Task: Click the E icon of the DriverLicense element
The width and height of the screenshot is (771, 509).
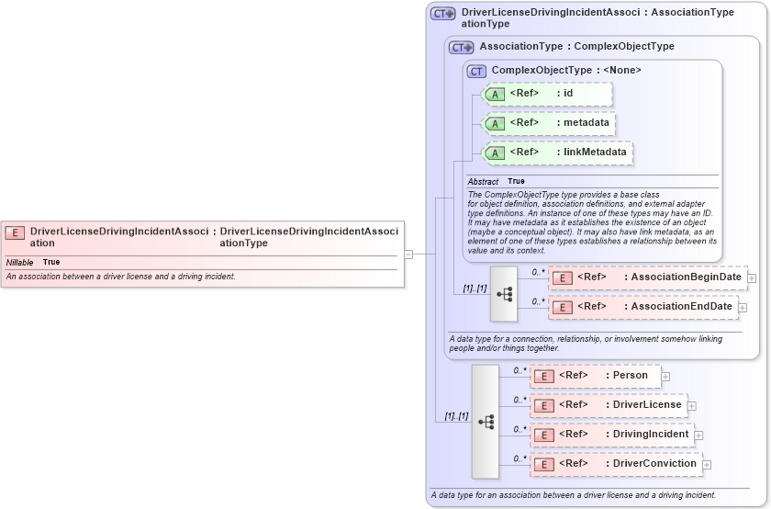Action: [543, 405]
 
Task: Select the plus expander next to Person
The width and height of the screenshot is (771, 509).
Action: [665, 376]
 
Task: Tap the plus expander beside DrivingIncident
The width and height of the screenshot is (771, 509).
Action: [698, 435]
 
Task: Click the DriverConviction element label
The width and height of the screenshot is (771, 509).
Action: [654, 464]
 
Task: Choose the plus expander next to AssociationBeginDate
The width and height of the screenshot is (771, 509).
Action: [752, 277]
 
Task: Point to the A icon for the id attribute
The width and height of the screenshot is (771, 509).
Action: [495, 94]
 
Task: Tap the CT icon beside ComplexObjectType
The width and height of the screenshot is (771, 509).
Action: [476, 71]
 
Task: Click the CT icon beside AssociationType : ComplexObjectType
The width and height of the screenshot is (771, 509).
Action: [461, 47]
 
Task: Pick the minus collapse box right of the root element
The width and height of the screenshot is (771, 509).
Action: [408, 254]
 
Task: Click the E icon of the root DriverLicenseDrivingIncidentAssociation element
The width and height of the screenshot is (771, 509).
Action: [15, 232]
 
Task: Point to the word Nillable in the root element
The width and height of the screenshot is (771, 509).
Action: [19, 263]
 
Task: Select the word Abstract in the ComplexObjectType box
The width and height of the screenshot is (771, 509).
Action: [483, 182]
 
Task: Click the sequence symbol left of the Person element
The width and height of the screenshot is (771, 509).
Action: [486, 422]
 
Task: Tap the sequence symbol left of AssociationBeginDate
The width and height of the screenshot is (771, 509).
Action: [504, 294]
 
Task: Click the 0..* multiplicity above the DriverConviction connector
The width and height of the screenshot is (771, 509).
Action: [520, 458]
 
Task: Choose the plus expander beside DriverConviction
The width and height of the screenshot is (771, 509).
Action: [707, 465]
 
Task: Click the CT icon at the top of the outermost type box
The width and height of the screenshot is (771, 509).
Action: [443, 14]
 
